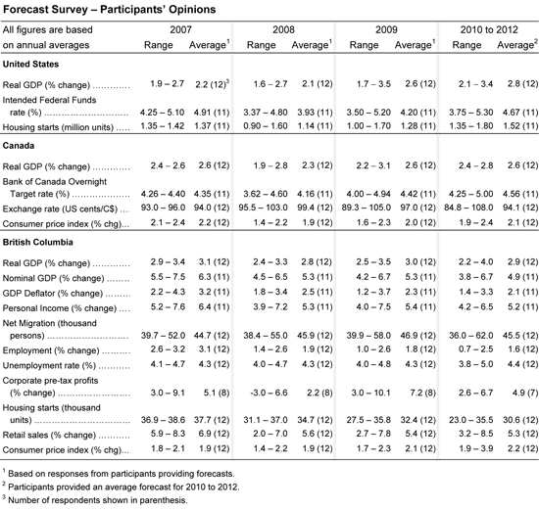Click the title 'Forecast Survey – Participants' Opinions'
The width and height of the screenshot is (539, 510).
110,9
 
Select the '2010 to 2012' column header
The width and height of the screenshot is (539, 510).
489,29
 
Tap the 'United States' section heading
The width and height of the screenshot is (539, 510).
30,65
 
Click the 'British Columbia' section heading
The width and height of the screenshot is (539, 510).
38,242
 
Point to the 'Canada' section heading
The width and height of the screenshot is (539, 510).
19,146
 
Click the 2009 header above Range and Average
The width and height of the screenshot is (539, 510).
386,29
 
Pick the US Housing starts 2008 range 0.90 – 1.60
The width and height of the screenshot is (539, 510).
266,126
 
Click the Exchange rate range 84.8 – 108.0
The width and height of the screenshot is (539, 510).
468,208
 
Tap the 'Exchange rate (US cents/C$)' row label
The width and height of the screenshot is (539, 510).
60,209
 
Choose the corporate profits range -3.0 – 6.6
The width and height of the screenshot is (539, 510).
269,393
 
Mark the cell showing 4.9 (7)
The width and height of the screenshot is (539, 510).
525,393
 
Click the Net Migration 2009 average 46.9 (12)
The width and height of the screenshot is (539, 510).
417,335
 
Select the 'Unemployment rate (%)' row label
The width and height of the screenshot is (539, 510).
49,365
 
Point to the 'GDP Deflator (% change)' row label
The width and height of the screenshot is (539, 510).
53,294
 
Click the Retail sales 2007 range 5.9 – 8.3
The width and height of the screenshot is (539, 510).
168,434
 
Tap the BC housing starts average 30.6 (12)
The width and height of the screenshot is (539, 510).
520,420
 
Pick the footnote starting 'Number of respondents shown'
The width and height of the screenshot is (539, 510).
95,499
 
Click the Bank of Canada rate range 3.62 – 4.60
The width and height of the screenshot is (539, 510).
266,194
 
